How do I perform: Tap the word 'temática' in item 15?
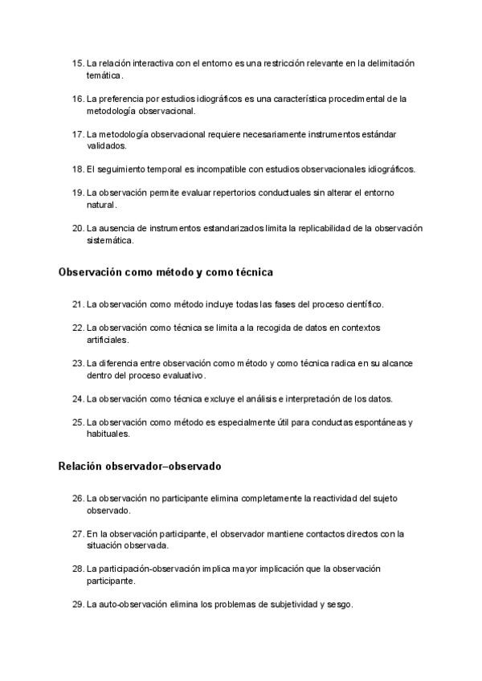(104, 75)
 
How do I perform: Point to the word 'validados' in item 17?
(106, 146)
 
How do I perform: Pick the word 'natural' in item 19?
(101, 205)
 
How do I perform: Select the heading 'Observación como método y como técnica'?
(165, 272)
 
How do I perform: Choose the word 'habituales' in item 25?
(108, 434)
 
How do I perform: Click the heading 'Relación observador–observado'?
(140, 466)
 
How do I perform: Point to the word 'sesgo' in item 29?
(338, 604)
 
